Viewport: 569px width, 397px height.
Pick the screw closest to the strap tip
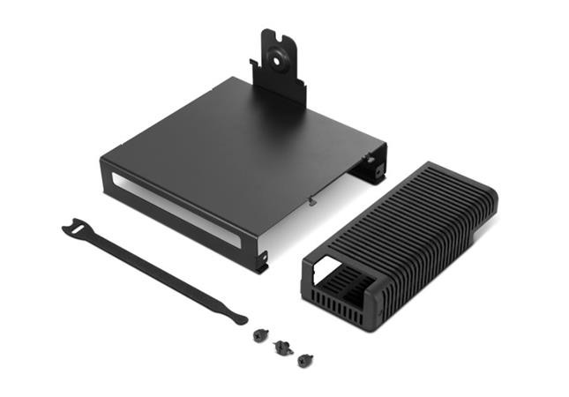(x=259, y=335)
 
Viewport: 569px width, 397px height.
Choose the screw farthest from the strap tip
(x=305, y=359)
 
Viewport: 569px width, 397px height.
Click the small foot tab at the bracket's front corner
(x=261, y=263)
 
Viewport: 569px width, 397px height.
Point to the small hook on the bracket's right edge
(x=312, y=200)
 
